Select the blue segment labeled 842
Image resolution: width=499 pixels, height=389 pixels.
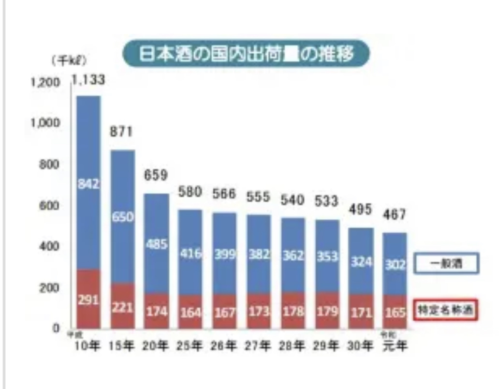pyautogui.click(x=88, y=183)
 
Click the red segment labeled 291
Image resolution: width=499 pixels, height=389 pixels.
pyautogui.click(x=88, y=300)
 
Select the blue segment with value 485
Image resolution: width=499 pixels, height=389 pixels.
pyautogui.click(x=156, y=244)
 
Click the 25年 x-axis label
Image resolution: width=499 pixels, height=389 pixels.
pyautogui.click(x=190, y=347)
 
